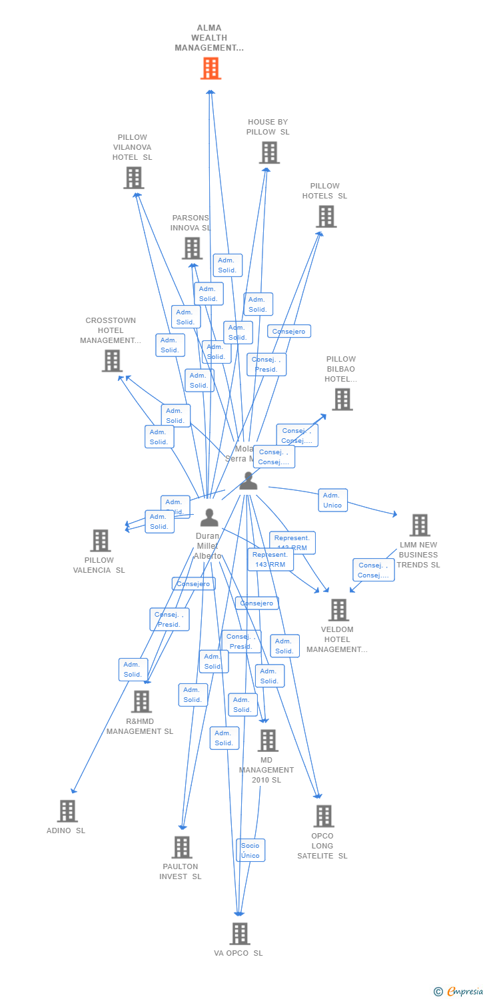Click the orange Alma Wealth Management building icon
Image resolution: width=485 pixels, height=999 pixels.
pyautogui.click(x=211, y=69)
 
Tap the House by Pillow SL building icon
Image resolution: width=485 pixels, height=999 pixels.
pyautogui.click(x=269, y=153)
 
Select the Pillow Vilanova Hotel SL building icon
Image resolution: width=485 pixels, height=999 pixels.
pyautogui.click(x=133, y=178)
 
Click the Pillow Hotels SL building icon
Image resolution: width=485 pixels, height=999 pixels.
pyautogui.click(x=326, y=216)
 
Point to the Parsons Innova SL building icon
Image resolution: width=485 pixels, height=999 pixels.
pyautogui.click(x=192, y=248)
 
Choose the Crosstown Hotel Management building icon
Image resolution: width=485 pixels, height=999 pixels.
pyautogui.click(x=112, y=360)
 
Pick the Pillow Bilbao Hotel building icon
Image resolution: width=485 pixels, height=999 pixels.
pyautogui.click(x=342, y=400)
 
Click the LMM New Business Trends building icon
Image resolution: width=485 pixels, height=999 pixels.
pyautogui.click(x=419, y=525)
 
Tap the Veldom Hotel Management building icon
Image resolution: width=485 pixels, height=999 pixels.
pyautogui.click(x=338, y=609)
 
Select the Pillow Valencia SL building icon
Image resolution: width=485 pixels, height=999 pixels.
pyautogui.click(x=101, y=540)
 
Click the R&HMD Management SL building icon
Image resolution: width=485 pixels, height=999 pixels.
pyautogui.click(x=141, y=701)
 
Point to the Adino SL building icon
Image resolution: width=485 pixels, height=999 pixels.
pyautogui.click(x=67, y=811)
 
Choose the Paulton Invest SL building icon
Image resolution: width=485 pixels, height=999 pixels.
pyautogui.click(x=181, y=847)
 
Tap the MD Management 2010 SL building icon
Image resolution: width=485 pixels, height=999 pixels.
pyautogui.click(x=267, y=740)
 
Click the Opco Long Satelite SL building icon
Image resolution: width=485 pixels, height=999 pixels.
pyautogui.click(x=323, y=816)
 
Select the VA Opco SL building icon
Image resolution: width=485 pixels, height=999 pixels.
pyautogui.click(x=240, y=934)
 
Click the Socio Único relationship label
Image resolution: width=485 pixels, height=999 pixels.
pyautogui.click(x=250, y=850)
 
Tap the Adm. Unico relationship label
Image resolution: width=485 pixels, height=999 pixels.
pyautogui.click(x=332, y=500)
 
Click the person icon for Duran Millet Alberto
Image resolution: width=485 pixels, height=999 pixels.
pyautogui.click(x=209, y=517)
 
